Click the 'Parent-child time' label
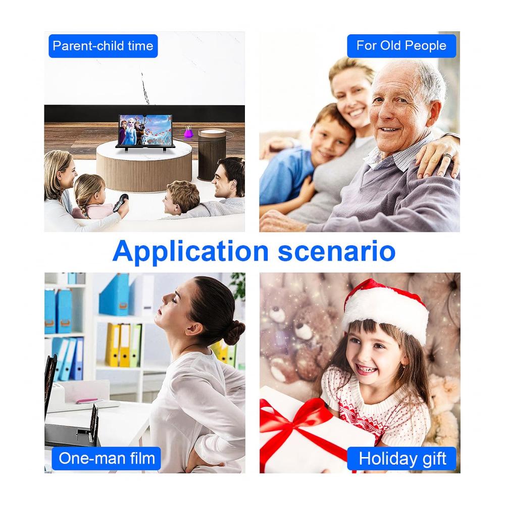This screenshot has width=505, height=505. pyautogui.click(x=103, y=46)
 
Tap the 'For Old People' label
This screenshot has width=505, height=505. pyautogui.click(x=401, y=46)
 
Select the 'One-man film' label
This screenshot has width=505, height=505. pyautogui.click(x=106, y=459)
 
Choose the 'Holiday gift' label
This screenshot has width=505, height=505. pyautogui.click(x=402, y=459)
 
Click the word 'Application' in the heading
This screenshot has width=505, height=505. pyautogui.click(x=191, y=251)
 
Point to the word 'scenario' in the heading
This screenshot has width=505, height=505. pyautogui.click(x=336, y=251)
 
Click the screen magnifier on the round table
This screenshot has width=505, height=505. pyautogui.click(x=145, y=131)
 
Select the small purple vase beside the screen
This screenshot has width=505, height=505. pyautogui.click(x=188, y=132)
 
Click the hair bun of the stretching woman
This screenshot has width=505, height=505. pyautogui.click(x=234, y=332)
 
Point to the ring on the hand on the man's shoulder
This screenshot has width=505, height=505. pyautogui.click(x=447, y=156)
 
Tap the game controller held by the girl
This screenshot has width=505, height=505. pyautogui.click(x=121, y=203)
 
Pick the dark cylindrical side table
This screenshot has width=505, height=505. pyautogui.click(x=212, y=154)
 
